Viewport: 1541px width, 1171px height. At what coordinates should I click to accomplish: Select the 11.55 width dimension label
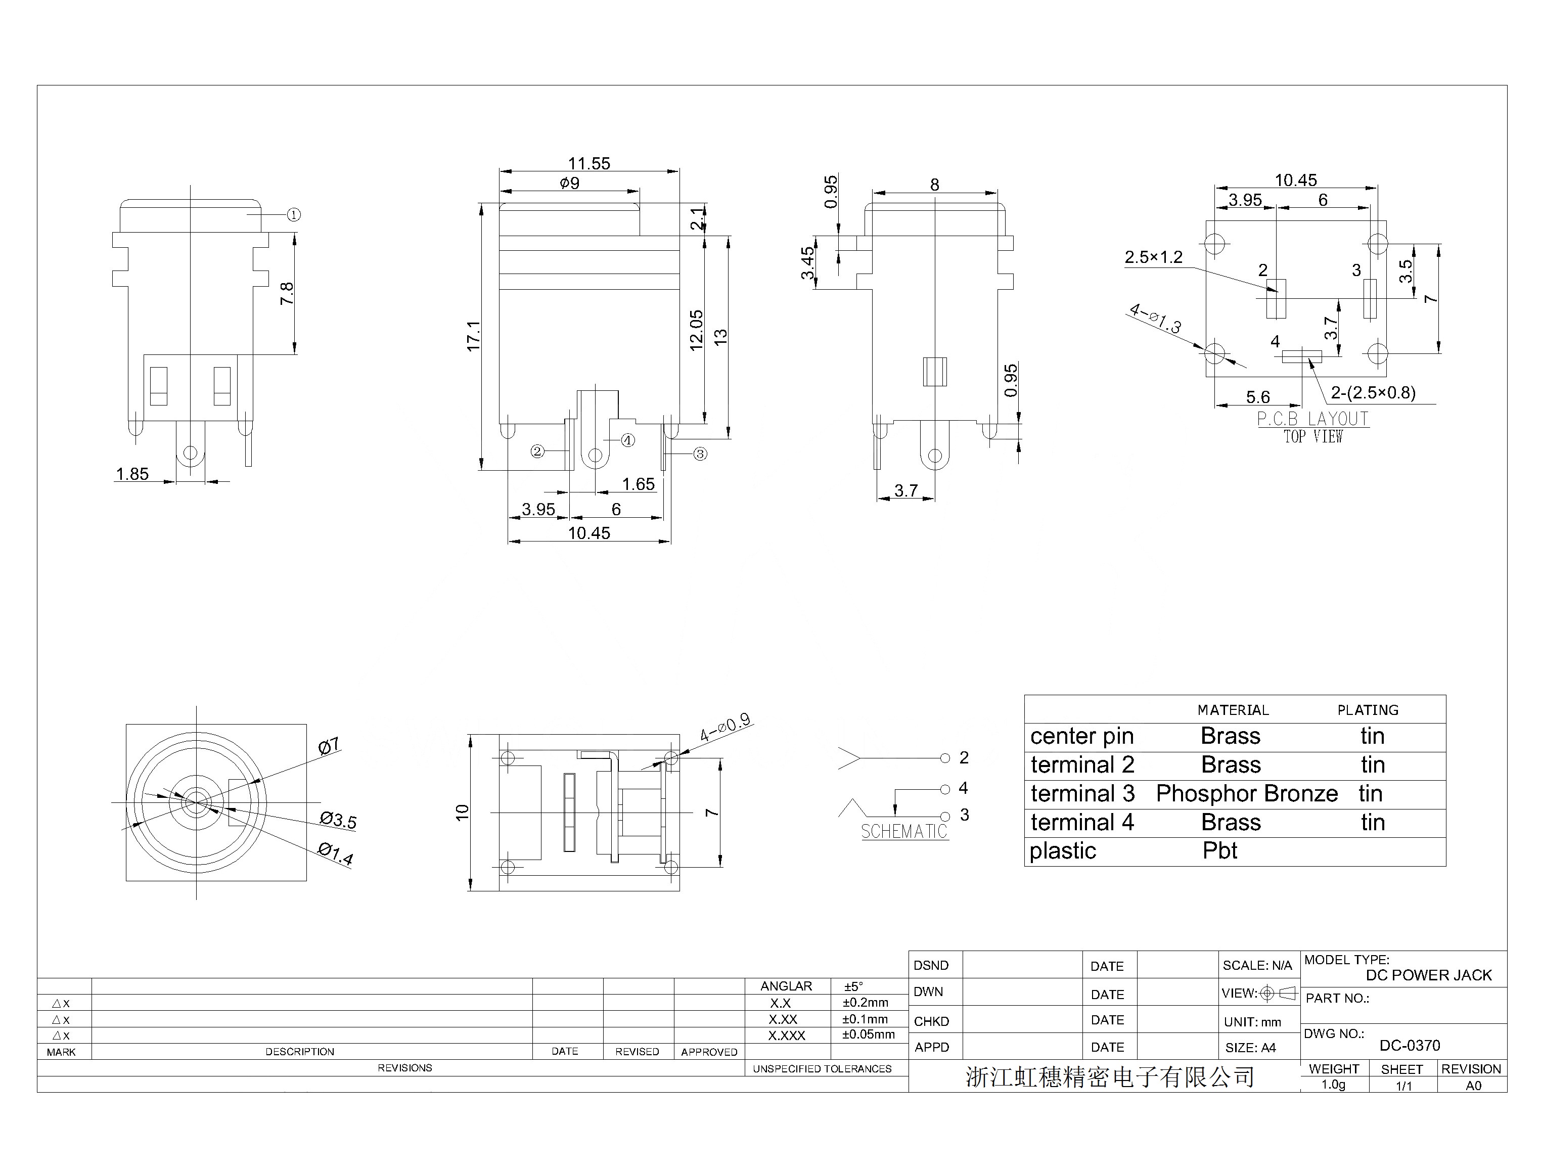(589, 164)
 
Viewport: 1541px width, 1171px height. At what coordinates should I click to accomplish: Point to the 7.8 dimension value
(287, 293)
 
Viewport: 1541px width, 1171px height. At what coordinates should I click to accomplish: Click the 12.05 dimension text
(696, 330)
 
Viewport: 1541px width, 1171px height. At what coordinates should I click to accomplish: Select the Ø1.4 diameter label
(336, 853)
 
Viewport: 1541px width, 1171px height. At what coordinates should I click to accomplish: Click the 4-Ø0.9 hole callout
(725, 728)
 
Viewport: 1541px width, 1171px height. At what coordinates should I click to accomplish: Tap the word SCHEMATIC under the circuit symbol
(904, 832)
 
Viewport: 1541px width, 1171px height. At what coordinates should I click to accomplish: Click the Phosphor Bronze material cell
(1247, 793)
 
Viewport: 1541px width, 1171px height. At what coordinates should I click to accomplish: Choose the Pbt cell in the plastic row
(1219, 850)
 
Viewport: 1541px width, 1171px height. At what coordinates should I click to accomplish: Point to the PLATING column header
(1368, 710)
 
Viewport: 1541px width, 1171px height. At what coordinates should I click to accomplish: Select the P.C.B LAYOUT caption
(1313, 419)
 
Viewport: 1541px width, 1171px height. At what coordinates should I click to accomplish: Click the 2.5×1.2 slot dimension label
(1154, 257)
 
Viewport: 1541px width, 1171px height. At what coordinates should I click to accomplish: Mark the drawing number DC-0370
(1410, 1046)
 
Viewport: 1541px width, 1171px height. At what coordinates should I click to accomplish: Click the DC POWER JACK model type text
(1429, 975)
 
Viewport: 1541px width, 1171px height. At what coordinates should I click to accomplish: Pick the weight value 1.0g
(1333, 1085)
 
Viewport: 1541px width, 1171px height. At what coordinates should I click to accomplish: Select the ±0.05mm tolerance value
(869, 1034)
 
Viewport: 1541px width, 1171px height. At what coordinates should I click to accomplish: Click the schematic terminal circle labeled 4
(945, 789)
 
